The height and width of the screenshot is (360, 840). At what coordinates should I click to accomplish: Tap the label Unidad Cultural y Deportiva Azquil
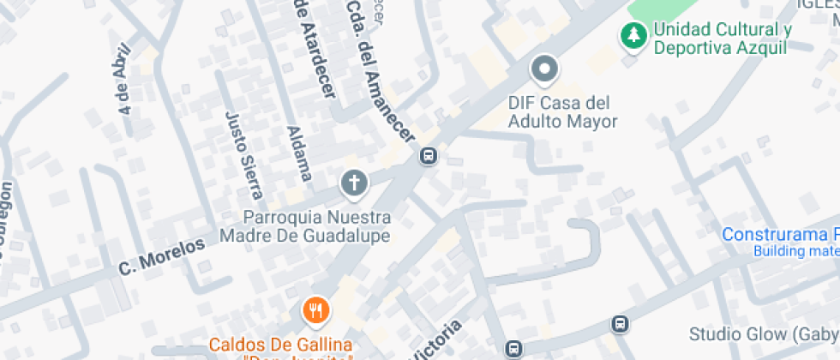tap(721, 39)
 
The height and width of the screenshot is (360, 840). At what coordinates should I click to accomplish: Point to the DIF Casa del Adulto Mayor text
tap(562, 112)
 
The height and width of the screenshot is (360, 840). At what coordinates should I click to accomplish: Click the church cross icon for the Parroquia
tap(353, 182)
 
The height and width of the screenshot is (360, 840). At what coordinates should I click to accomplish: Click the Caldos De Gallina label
tap(280, 345)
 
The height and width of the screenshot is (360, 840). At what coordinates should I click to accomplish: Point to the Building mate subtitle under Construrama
tap(795, 252)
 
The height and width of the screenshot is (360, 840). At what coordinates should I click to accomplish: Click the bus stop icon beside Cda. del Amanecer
tap(428, 156)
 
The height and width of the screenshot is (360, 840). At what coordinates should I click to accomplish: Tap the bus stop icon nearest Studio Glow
tap(620, 325)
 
